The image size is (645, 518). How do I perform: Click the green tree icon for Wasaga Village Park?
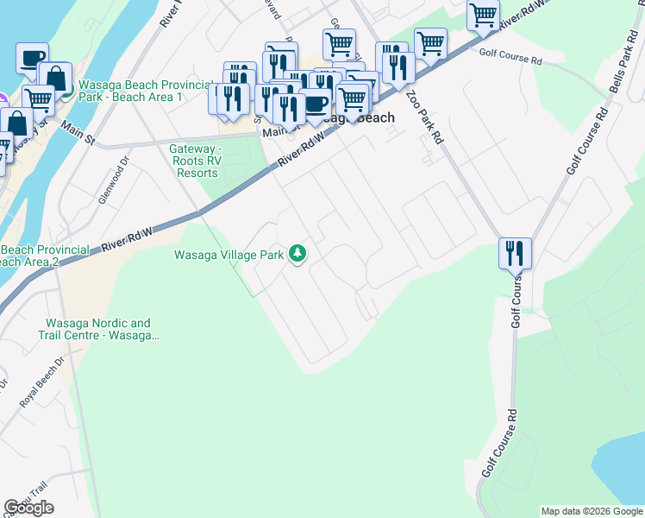[x=297, y=253]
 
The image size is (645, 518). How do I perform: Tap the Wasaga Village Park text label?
[x=229, y=255]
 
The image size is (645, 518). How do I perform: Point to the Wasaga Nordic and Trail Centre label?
[x=98, y=329]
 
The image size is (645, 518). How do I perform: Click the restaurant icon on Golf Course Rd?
[x=515, y=253]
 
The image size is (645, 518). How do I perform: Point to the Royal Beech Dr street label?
[x=42, y=382]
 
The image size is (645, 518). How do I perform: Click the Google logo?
[x=28, y=508]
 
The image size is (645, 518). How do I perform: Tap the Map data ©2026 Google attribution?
[x=592, y=511]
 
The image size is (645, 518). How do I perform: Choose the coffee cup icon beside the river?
[x=32, y=58]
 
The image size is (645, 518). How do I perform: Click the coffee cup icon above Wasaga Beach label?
[x=316, y=103]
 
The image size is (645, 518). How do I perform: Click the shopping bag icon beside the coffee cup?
[x=55, y=78]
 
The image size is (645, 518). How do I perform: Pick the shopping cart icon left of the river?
[x=38, y=99]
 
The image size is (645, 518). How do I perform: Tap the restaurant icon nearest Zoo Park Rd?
[x=398, y=66]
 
